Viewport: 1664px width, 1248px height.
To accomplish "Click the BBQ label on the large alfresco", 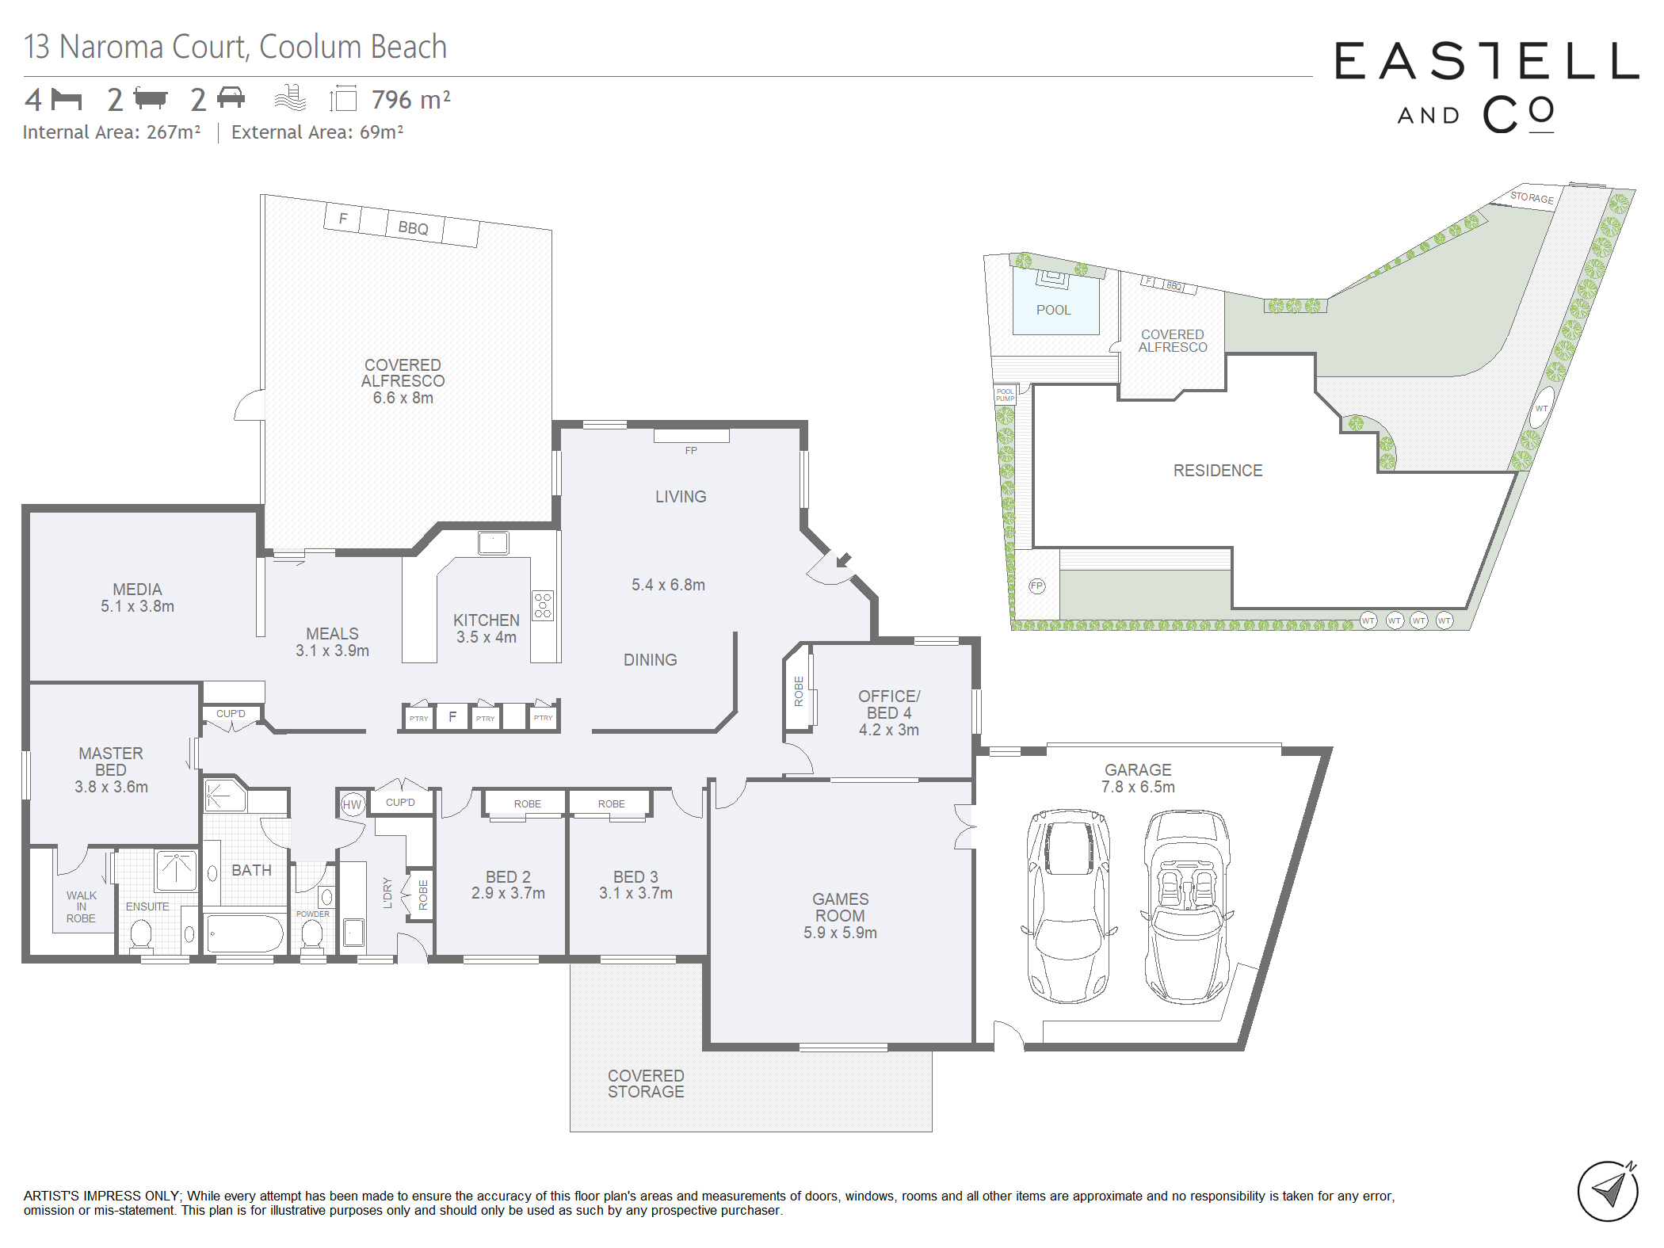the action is click(x=413, y=228).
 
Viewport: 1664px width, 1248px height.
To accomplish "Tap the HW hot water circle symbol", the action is click(x=352, y=804).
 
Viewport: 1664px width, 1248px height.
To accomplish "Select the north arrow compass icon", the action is click(x=1608, y=1190).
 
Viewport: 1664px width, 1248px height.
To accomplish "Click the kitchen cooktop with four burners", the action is click(x=543, y=605).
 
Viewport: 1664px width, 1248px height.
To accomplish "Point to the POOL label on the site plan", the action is click(x=1053, y=310).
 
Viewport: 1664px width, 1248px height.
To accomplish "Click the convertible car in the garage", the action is click(x=1186, y=906).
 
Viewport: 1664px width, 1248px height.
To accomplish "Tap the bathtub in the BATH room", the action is click(x=246, y=933).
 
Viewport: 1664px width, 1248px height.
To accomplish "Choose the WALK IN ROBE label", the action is click(x=81, y=906).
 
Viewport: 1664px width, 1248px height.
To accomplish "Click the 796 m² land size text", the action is click(x=410, y=100).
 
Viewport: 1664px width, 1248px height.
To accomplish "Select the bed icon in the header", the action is click(x=67, y=100).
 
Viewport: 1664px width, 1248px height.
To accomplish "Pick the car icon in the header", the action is click(x=231, y=97).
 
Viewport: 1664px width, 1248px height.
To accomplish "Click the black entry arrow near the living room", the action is click(x=843, y=560).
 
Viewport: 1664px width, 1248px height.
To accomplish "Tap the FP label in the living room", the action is click(x=691, y=450).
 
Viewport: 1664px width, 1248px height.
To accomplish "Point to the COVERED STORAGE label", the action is click(x=646, y=1083).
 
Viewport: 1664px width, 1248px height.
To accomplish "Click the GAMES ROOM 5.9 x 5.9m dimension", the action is click(x=840, y=933).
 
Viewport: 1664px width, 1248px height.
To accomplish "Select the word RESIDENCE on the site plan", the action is click(x=1218, y=471).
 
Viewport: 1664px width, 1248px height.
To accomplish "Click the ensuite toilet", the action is click(x=141, y=934).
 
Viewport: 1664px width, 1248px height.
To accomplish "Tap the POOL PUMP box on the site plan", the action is click(x=1005, y=395).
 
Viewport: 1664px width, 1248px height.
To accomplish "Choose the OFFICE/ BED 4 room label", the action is click(x=889, y=704).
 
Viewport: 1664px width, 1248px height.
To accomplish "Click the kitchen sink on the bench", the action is click(x=493, y=543).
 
